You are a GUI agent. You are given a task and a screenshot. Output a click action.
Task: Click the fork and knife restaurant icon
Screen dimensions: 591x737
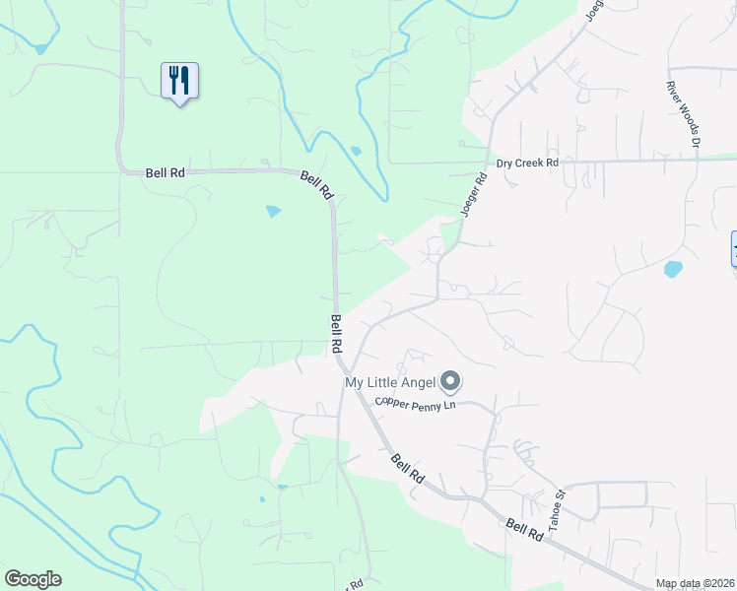(x=179, y=80)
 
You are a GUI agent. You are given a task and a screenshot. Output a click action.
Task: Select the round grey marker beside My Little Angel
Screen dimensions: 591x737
(x=450, y=380)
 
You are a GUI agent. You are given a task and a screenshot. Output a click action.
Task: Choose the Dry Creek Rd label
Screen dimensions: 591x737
(x=527, y=163)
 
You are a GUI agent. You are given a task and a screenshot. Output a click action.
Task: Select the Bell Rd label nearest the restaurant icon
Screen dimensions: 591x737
(x=165, y=172)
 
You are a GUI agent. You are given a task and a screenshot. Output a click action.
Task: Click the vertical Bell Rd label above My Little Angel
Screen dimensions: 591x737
(x=337, y=335)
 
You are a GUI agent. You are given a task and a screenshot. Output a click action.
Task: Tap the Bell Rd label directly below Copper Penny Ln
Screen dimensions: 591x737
(x=407, y=468)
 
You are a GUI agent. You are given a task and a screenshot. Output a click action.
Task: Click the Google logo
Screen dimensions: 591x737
(x=33, y=579)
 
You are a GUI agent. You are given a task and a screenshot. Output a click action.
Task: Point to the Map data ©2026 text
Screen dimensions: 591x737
(x=695, y=583)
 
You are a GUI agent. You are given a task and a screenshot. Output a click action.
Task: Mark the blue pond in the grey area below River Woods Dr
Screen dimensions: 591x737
(x=673, y=268)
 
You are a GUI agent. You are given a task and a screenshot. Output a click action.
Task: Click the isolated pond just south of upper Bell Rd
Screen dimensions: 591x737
(x=273, y=211)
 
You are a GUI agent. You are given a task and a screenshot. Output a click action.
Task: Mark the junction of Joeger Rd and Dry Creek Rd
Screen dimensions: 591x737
(x=490, y=162)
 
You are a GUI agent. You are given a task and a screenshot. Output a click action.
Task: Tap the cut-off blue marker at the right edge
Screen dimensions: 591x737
(x=733, y=247)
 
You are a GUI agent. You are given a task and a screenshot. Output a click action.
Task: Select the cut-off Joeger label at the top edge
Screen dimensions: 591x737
(x=593, y=10)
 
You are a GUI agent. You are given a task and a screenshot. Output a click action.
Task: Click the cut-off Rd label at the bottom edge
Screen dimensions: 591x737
(x=355, y=585)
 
